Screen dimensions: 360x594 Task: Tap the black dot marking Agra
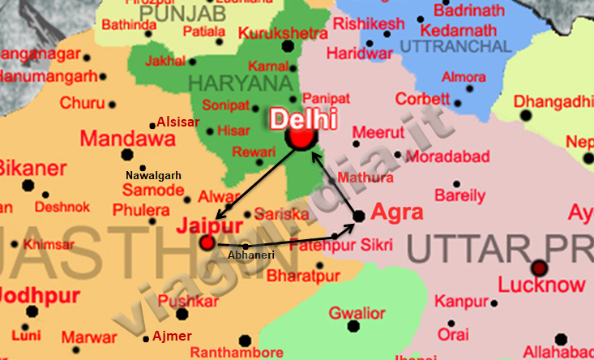click(x=358, y=216)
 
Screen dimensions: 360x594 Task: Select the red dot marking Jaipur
click(x=207, y=242)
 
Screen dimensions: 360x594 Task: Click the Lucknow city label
click(x=541, y=285)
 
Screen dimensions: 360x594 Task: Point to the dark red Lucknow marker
click(x=540, y=268)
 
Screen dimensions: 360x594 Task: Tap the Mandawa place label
click(x=128, y=138)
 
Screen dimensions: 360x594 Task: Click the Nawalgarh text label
click(x=153, y=175)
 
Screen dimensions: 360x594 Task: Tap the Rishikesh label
click(x=369, y=24)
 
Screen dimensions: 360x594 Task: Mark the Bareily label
click(x=460, y=195)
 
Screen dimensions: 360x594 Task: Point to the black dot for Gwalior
click(x=353, y=327)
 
